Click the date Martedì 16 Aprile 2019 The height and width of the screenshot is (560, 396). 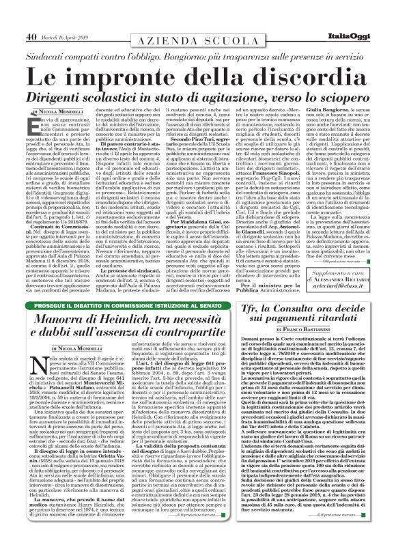(x=66, y=18)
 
